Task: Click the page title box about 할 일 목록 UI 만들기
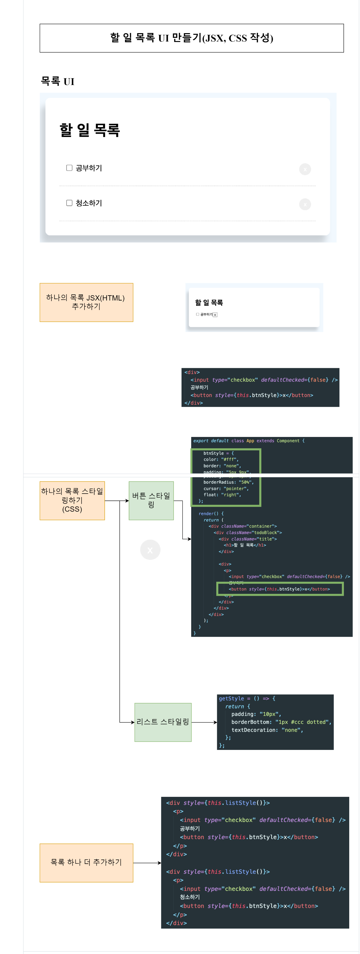tap(191, 38)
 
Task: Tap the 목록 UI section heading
tap(57, 81)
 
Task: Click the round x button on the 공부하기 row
tap(305, 169)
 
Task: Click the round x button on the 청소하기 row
tap(305, 204)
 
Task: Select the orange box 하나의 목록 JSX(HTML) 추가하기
tap(86, 302)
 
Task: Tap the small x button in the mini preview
tap(215, 315)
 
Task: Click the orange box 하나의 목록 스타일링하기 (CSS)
tap(72, 500)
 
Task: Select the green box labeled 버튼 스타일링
tap(151, 500)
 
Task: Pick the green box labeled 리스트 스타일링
tap(163, 722)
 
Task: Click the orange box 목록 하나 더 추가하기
tap(86, 863)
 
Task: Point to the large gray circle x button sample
tap(150, 550)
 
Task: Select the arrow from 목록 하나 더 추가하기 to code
tap(147, 863)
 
